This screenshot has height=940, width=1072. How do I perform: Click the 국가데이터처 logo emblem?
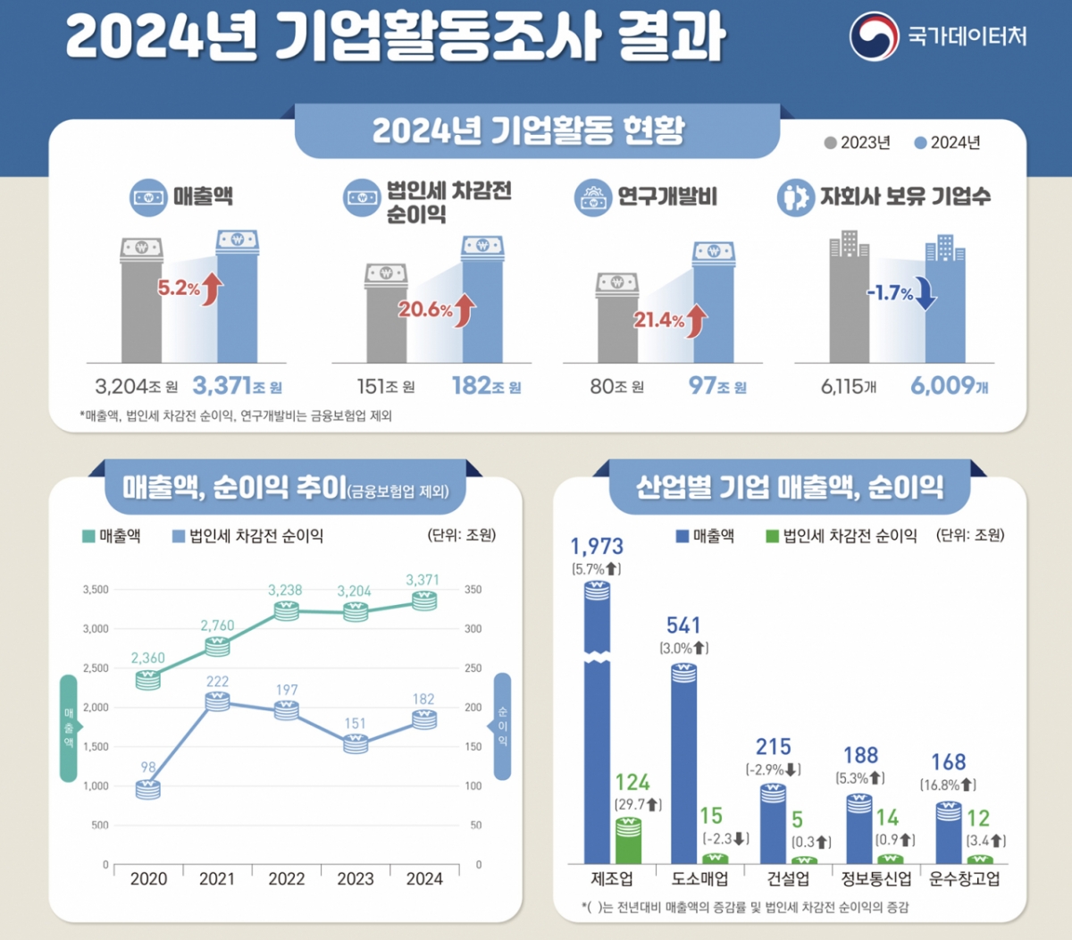[x=874, y=36]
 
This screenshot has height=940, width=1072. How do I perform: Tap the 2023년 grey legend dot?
[x=831, y=143]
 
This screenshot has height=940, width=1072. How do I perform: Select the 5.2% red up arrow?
[x=213, y=289]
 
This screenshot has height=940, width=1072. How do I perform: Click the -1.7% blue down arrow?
[x=926, y=293]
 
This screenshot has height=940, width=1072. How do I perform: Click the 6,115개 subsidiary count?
[x=849, y=387]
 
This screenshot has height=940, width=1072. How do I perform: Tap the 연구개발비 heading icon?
[x=593, y=197]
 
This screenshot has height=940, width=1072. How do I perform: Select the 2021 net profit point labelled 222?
[x=217, y=701]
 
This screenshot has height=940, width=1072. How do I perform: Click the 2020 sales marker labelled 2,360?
[x=148, y=679]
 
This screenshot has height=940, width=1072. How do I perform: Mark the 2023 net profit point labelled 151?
[x=356, y=743]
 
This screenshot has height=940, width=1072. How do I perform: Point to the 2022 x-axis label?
[x=286, y=879]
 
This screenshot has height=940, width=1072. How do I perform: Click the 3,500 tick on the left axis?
[x=96, y=590]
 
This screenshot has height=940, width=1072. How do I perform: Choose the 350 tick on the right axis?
[x=473, y=590]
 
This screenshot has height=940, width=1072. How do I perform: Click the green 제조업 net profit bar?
[x=629, y=840]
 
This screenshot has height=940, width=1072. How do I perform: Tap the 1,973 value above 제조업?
[x=597, y=546]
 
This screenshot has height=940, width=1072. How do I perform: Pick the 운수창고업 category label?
[x=964, y=879]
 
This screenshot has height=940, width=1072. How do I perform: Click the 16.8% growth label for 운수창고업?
[x=948, y=785]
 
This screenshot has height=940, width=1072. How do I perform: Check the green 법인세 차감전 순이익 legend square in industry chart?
[x=772, y=536]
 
